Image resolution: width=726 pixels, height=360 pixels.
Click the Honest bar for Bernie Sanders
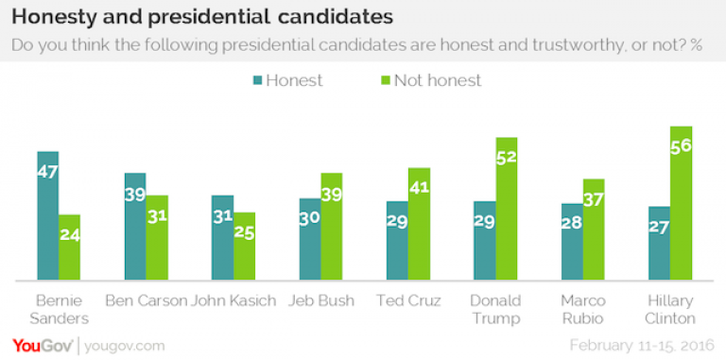(47, 215)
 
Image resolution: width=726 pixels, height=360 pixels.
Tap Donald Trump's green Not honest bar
(507, 209)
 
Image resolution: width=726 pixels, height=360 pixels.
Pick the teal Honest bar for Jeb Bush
(310, 239)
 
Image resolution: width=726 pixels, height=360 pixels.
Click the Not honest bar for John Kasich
(244, 247)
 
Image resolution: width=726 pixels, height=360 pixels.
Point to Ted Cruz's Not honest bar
(419, 224)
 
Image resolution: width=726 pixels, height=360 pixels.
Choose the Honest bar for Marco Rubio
(572, 242)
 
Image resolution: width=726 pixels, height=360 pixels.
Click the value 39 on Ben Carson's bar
(135, 195)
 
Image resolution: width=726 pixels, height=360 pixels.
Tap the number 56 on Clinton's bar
(681, 146)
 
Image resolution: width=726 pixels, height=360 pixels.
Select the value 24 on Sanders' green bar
(69, 235)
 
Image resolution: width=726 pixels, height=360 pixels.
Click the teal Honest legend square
(257, 80)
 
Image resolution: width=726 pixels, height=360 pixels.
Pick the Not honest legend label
(438, 80)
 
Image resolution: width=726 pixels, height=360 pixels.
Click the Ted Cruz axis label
(408, 300)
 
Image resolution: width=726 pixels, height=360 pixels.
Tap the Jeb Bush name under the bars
(320, 300)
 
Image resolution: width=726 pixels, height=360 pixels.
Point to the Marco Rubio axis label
(583, 310)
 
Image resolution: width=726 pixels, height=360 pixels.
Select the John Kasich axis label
(233, 300)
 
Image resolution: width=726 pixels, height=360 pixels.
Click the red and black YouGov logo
(43, 346)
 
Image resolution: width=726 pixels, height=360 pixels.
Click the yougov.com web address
(124, 346)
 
